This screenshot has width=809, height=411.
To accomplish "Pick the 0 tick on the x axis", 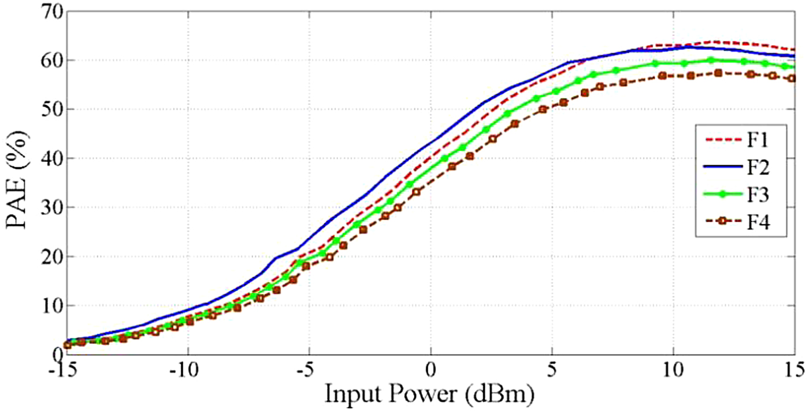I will (431, 368).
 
